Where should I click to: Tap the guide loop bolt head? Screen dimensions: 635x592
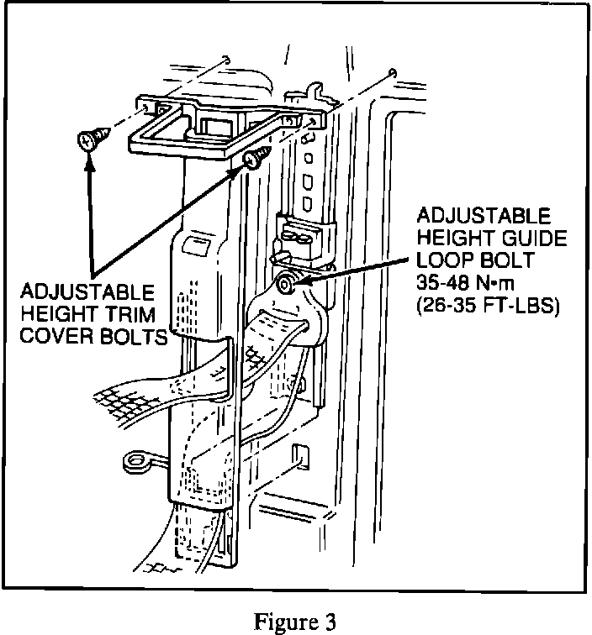coord(287,285)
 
